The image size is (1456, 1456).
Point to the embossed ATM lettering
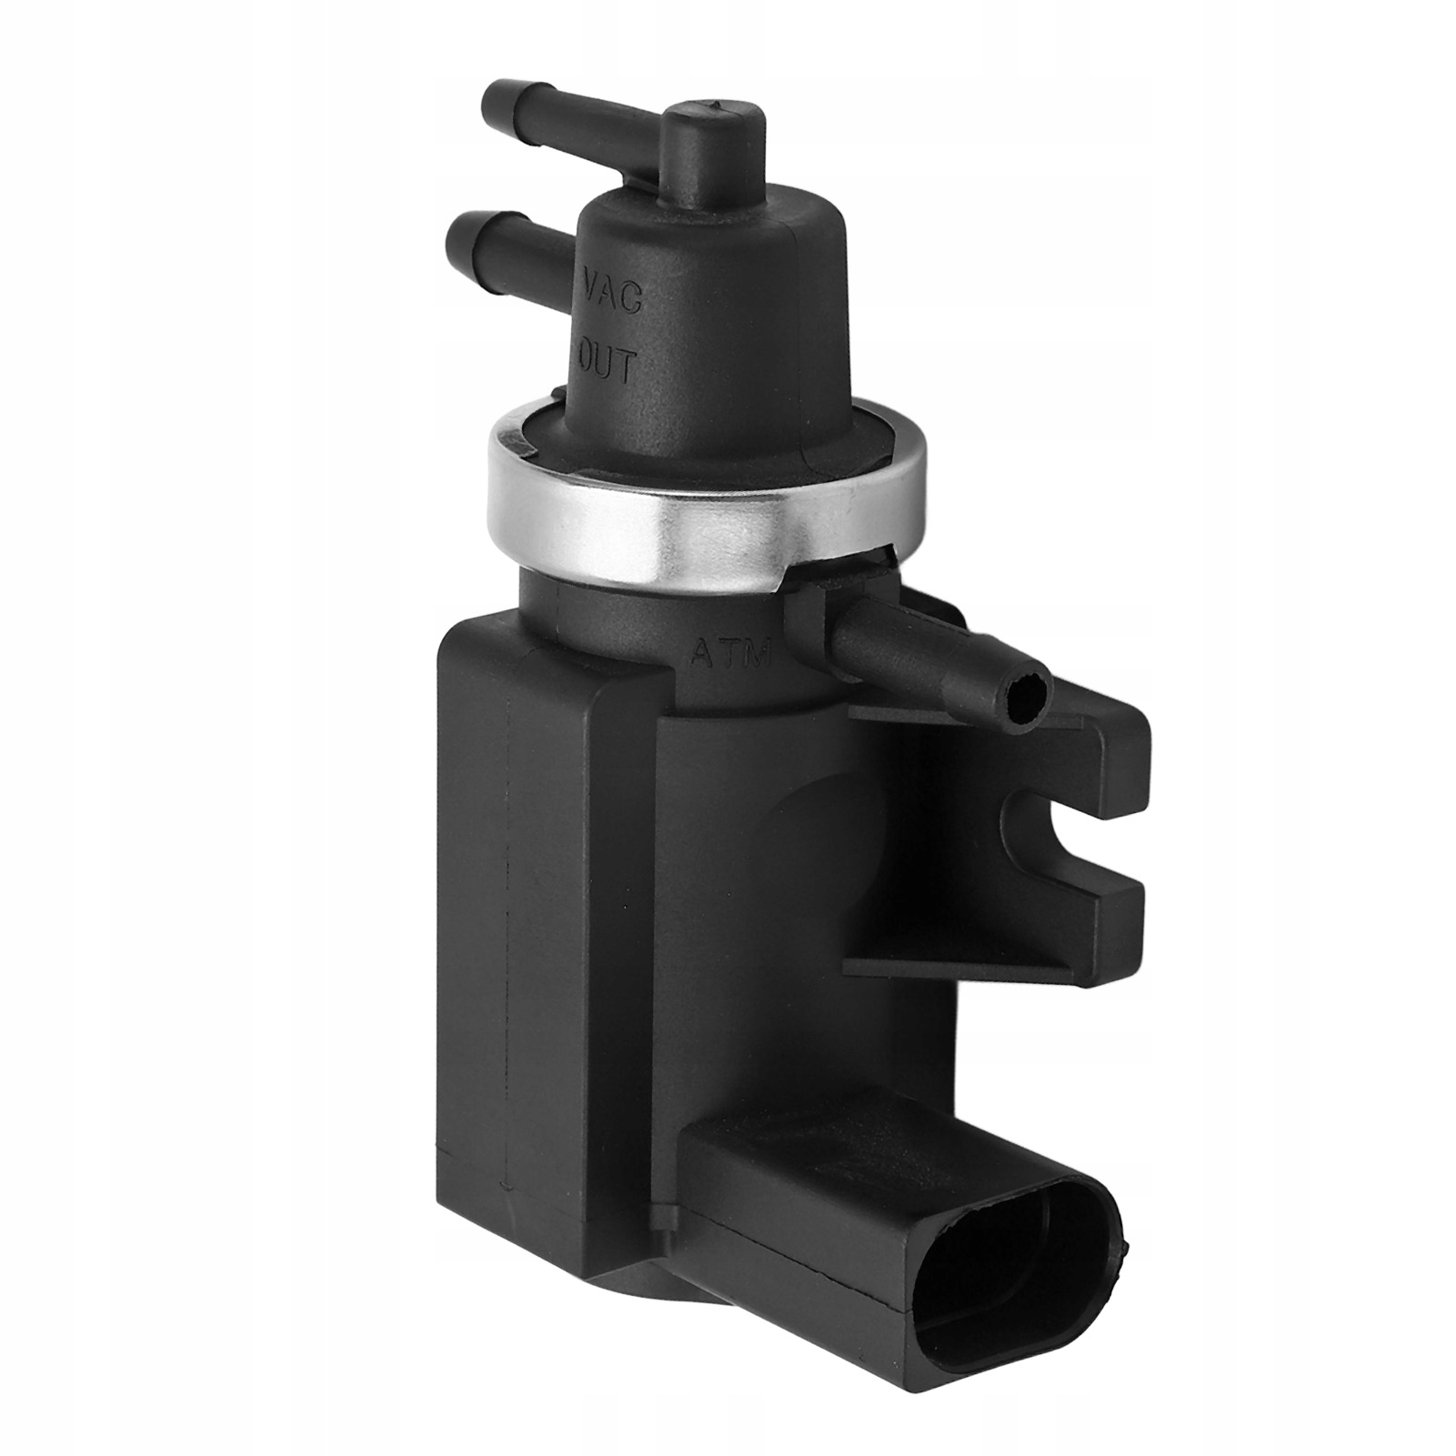[x=729, y=652]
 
